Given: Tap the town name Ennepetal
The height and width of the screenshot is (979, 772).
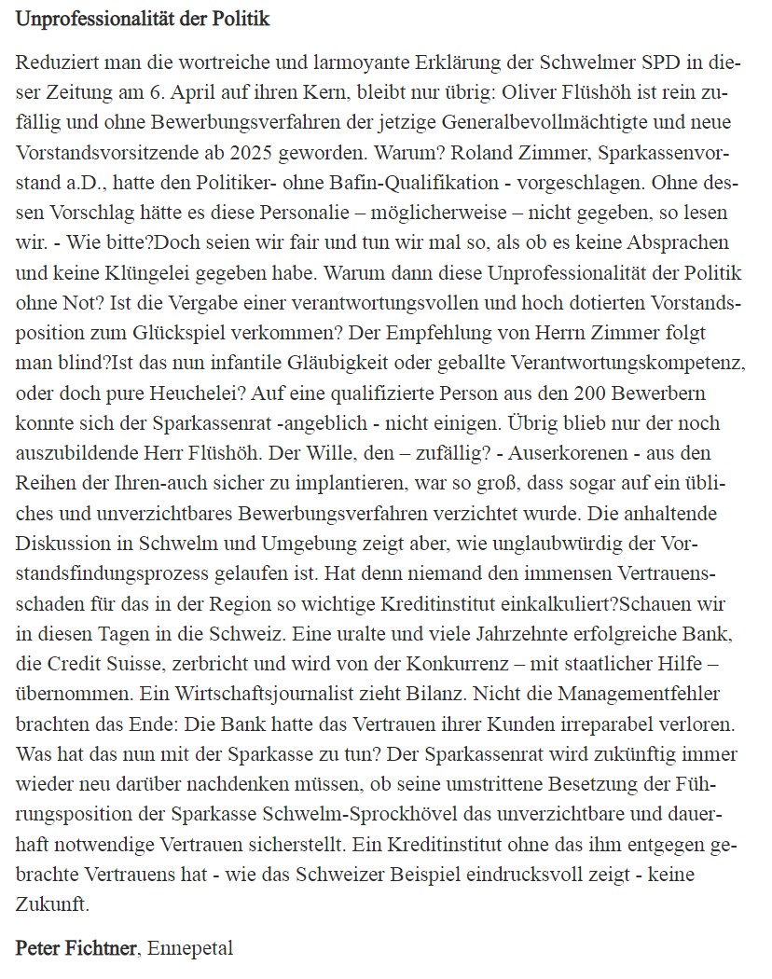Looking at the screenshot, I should pos(190,948).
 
